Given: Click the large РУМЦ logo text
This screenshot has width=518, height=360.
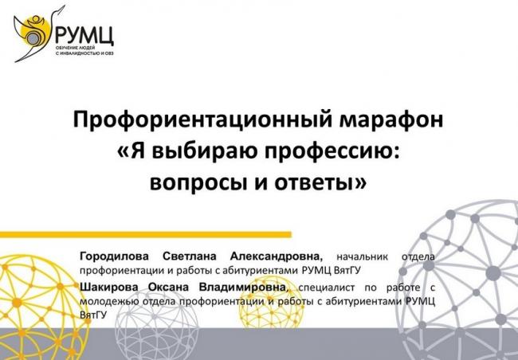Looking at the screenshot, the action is (84, 36).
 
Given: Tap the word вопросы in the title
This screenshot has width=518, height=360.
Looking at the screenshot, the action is (198, 182).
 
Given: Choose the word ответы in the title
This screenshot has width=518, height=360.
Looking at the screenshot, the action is (316, 182).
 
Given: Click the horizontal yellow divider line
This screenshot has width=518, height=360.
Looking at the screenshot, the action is (146, 234).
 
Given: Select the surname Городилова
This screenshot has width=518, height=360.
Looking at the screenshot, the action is (114, 256).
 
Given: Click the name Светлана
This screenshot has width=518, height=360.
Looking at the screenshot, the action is (190, 256).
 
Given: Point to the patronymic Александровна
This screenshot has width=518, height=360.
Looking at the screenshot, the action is (277, 256).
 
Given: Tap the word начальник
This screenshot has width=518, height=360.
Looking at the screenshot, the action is (362, 256).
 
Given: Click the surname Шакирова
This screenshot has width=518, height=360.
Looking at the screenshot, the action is (108, 287).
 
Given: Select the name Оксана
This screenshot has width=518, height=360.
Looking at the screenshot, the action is (168, 287).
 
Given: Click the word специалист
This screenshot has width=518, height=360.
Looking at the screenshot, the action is (327, 288).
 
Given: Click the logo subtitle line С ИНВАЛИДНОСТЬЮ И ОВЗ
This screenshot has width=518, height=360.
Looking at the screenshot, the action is (85, 53).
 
